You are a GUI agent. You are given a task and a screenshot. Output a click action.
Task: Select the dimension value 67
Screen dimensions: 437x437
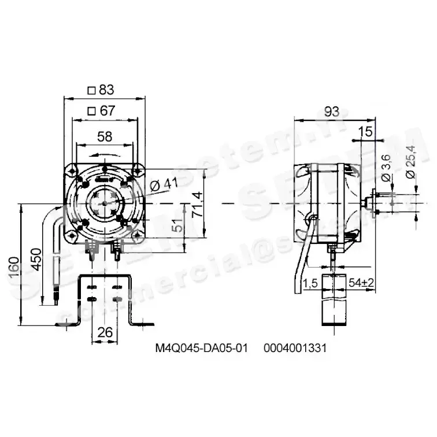point(108,111)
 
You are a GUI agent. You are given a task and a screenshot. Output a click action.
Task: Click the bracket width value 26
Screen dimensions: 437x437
point(105,332)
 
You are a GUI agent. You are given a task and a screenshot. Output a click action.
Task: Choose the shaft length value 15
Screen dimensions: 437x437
point(365,132)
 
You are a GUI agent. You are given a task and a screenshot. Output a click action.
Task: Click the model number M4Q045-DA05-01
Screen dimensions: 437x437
point(201,349)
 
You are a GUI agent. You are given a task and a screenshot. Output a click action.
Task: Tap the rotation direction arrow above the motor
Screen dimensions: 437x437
point(102,154)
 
